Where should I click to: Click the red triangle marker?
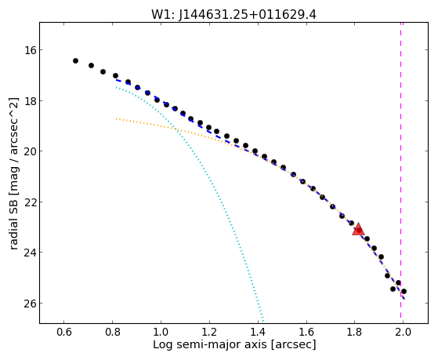click(358, 230)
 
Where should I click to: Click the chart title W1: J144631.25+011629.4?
click(233, 15)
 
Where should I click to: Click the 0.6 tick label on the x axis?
click(64, 332)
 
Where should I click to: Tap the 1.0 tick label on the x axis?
click(161, 332)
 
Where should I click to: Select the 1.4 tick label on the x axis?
click(258, 332)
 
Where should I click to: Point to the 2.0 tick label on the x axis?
click(403, 332)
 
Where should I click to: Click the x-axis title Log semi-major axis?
click(210, 345)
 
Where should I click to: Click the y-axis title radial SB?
click(13, 221)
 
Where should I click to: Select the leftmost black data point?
click(75, 60)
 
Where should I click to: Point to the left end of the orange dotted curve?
click(116, 119)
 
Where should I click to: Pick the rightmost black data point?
click(404, 292)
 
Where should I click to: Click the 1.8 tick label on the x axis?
click(354, 332)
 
